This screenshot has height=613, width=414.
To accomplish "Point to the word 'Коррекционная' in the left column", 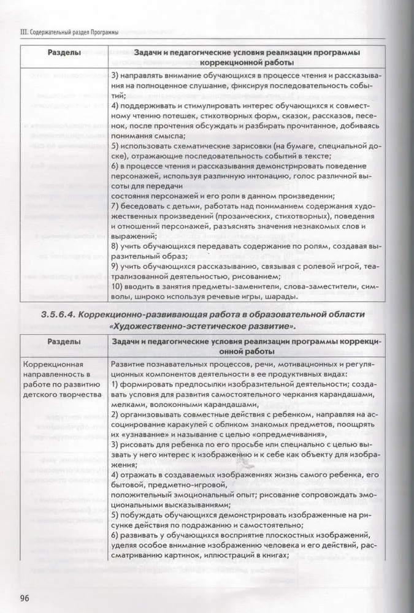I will click(x=50, y=365).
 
